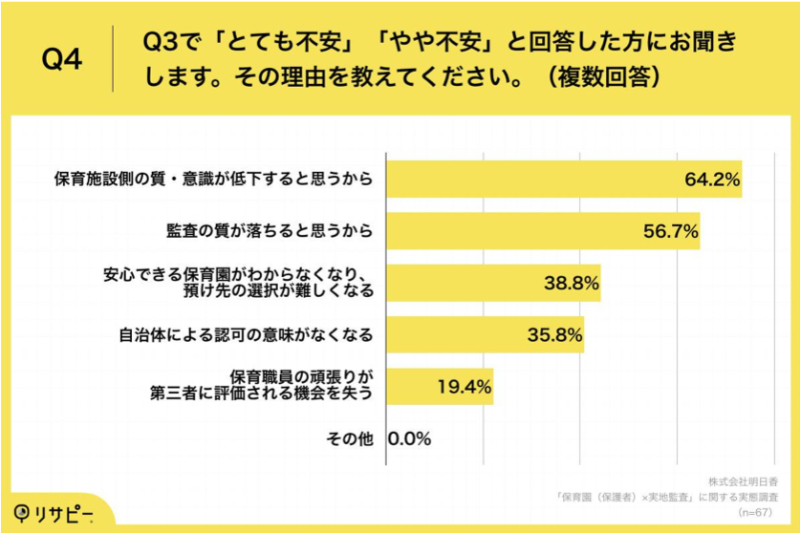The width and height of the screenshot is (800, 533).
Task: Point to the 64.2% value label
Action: tap(711, 179)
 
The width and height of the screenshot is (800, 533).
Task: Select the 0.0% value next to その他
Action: tap(410, 439)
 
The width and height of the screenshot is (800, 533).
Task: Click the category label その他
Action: tap(349, 439)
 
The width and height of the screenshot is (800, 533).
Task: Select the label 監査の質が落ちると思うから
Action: tap(269, 230)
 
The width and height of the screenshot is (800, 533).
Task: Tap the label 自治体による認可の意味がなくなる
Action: tap(245, 335)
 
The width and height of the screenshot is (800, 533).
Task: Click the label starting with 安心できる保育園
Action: tap(237, 283)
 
